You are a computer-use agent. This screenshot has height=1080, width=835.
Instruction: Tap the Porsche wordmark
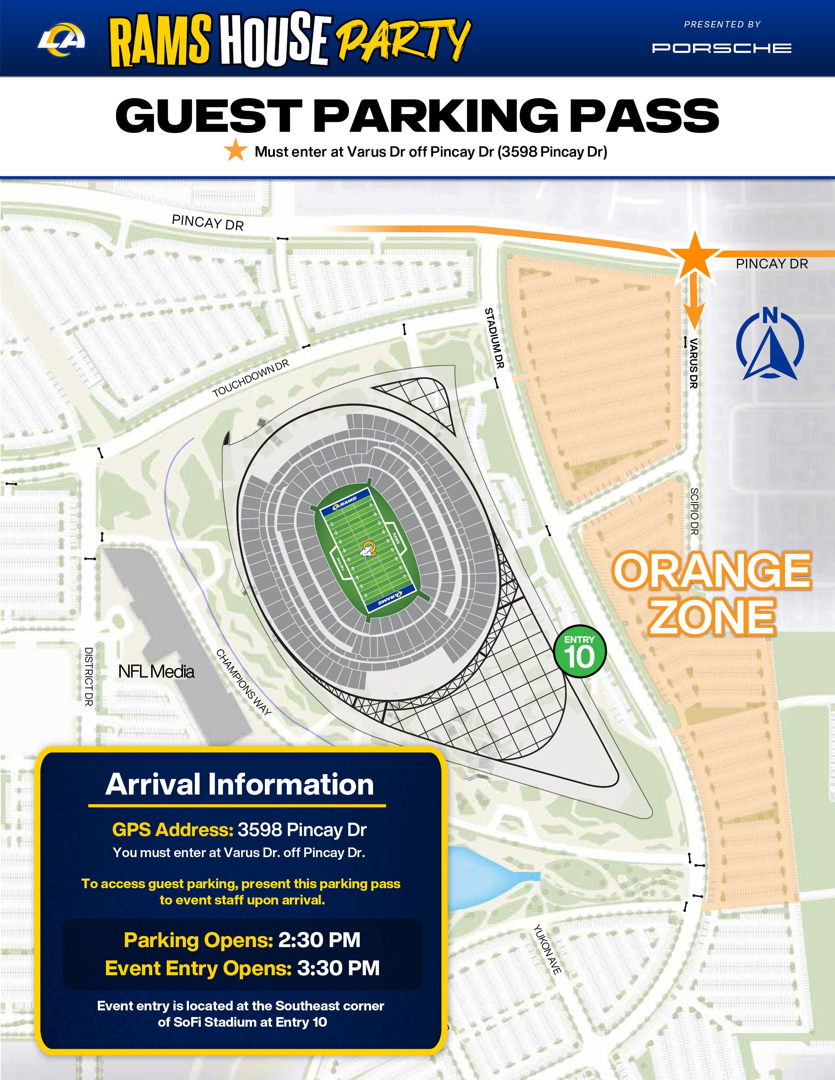[x=722, y=48]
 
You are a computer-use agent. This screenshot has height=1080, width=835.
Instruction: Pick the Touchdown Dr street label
[x=250, y=378]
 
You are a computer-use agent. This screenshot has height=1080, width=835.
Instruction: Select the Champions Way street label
[x=243, y=682]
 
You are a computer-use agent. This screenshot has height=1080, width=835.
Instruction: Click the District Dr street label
[x=89, y=676]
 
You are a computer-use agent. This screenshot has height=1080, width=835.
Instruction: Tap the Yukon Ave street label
[x=548, y=949]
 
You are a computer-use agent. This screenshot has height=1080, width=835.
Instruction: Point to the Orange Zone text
[x=712, y=594]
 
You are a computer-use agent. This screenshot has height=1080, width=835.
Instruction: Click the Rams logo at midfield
[x=369, y=548]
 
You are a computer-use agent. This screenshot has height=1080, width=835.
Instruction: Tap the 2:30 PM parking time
[x=319, y=940]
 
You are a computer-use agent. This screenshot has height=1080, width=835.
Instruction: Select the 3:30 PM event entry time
[x=338, y=968]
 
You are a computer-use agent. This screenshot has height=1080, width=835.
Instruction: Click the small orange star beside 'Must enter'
[x=236, y=150]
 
